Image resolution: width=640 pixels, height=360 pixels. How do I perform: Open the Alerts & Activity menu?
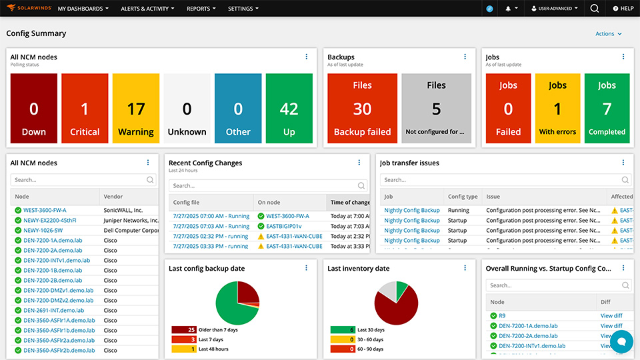[x=147, y=9]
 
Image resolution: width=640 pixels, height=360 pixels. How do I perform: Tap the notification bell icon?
[x=509, y=9]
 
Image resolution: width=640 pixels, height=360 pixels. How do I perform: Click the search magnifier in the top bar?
[x=594, y=9]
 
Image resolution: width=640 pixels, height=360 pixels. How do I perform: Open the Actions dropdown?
[x=609, y=34]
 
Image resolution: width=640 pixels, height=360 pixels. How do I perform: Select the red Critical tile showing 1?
[x=85, y=109]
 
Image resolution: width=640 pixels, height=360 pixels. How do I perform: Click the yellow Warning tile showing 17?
[x=136, y=109]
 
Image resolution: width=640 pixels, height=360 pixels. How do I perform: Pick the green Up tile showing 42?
[x=289, y=109]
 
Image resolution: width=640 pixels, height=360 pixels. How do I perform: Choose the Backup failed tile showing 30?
[x=362, y=109]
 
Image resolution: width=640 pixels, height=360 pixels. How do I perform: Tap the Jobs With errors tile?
[x=557, y=109]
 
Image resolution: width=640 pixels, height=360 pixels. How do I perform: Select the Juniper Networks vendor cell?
[x=131, y=220]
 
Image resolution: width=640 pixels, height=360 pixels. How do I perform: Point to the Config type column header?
[x=463, y=197]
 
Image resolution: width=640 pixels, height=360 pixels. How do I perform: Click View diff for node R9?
[x=611, y=316]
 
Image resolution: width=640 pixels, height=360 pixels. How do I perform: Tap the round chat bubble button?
[x=621, y=341]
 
